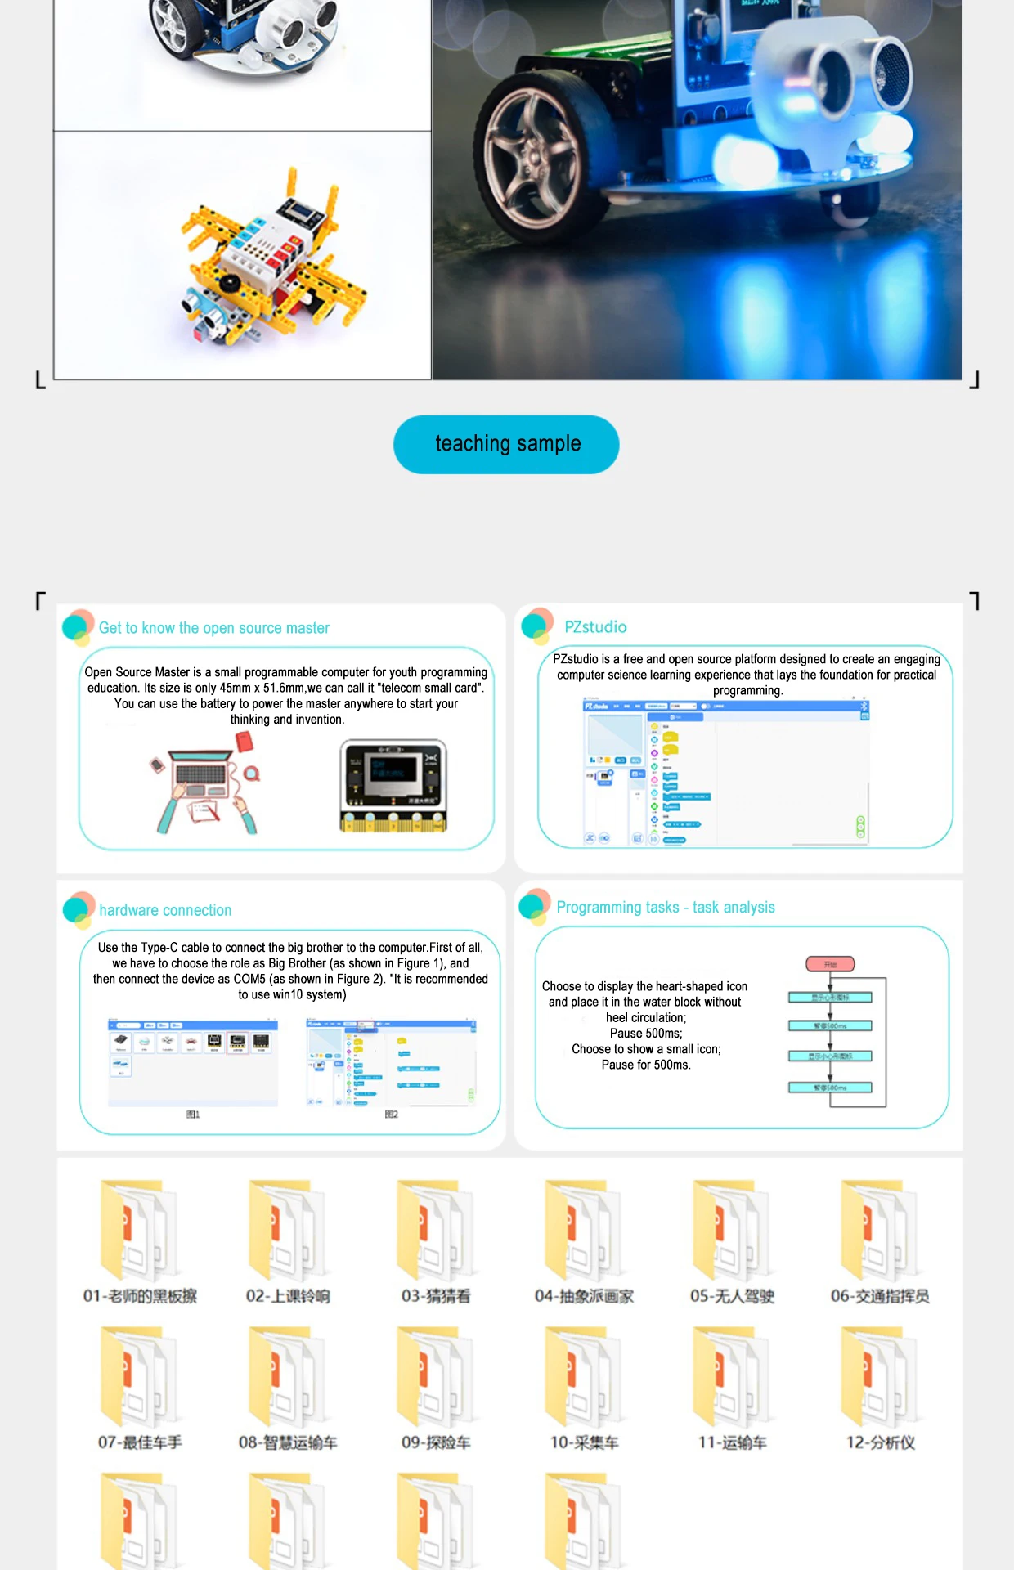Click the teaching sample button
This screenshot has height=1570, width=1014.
pyautogui.click(x=506, y=444)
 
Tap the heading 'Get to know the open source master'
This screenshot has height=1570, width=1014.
pyautogui.click(x=213, y=628)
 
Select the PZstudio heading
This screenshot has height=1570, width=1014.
pyautogui.click(x=595, y=627)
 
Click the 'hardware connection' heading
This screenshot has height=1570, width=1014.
pyautogui.click(x=165, y=910)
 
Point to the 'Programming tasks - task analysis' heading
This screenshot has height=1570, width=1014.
pyautogui.click(x=665, y=907)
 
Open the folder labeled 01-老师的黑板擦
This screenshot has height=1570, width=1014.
pyautogui.click(x=139, y=1231)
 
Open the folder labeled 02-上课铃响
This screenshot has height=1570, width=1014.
pyautogui.click(x=288, y=1231)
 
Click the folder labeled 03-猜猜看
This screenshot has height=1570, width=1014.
pyautogui.click(x=436, y=1231)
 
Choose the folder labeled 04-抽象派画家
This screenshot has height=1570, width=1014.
pyautogui.click(x=584, y=1231)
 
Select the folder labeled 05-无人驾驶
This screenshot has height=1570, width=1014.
pyautogui.click(x=732, y=1231)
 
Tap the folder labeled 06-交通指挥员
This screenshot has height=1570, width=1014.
pyautogui.click(x=880, y=1231)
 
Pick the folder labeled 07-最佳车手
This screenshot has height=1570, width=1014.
pyautogui.click(x=139, y=1379)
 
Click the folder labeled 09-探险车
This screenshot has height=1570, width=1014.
pyautogui.click(x=436, y=1379)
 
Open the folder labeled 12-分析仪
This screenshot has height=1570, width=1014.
pyautogui.click(x=880, y=1379)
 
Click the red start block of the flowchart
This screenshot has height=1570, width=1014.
pyautogui.click(x=830, y=964)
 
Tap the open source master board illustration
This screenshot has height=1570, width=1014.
pyautogui.click(x=393, y=786)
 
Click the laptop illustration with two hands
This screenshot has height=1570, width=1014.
pyautogui.click(x=204, y=785)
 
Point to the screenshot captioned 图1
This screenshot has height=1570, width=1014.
pyautogui.click(x=193, y=1062)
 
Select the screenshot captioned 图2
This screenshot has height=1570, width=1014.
pyautogui.click(x=391, y=1062)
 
